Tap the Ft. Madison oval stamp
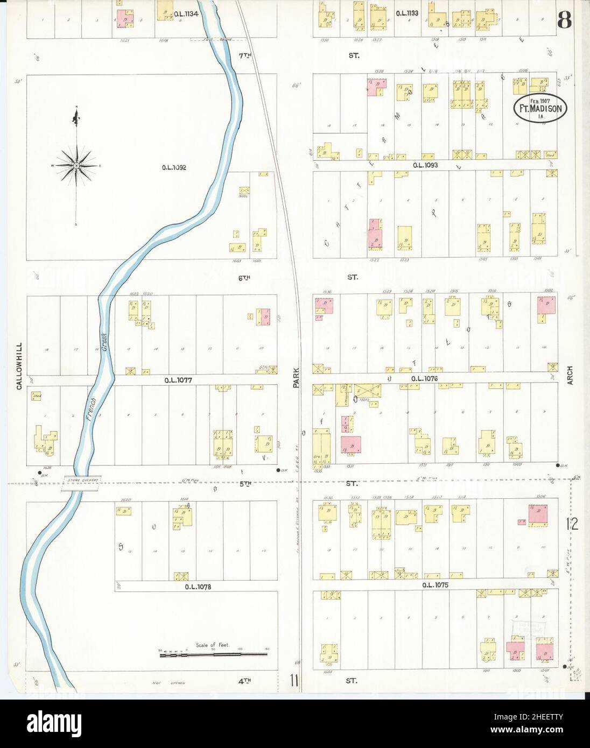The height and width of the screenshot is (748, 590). (x=540, y=108)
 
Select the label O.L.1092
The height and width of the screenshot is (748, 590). (x=174, y=167)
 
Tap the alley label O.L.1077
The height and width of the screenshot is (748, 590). (x=179, y=380)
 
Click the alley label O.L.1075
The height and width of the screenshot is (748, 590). (x=435, y=584)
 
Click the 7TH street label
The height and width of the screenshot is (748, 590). (x=245, y=55)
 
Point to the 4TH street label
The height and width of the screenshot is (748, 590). (x=245, y=681)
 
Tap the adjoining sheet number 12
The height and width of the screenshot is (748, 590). (x=572, y=524)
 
